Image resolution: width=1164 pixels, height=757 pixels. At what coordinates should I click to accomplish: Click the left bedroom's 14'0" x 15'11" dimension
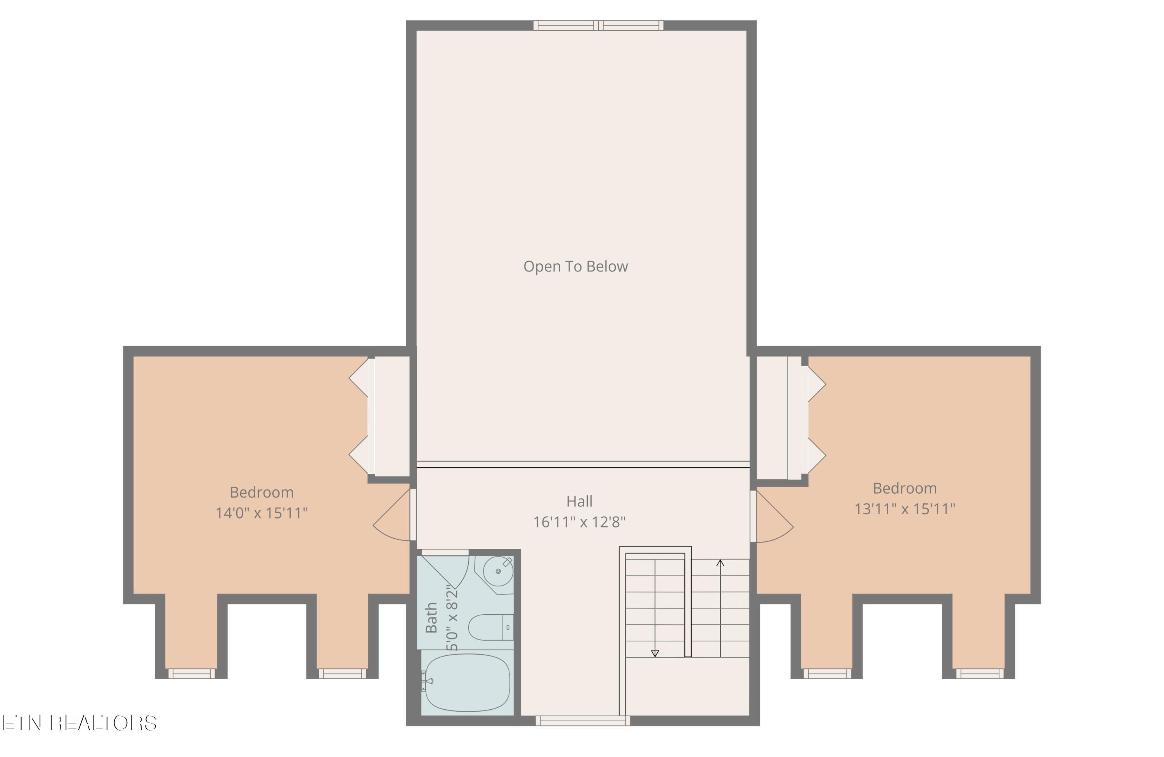[262, 513]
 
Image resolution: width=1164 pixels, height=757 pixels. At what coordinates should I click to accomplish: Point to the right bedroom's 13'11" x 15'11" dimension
[904, 509]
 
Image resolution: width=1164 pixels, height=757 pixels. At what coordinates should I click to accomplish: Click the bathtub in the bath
[468, 682]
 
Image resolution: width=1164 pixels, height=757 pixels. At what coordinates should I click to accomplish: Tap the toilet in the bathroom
[489, 627]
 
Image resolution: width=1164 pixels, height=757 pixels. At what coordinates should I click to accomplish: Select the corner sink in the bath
[497, 571]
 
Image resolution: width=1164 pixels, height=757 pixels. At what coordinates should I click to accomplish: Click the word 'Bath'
[431, 618]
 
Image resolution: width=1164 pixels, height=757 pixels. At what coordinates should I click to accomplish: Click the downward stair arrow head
[655, 653]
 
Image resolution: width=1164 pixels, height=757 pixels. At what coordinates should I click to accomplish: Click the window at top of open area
[598, 26]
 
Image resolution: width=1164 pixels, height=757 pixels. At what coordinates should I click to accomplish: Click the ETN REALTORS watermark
[79, 723]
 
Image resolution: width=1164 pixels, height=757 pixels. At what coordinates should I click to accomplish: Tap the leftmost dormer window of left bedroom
[191, 674]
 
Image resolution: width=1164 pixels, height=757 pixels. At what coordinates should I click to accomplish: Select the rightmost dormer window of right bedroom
[980, 674]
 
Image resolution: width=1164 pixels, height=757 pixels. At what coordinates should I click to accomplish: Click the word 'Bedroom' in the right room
[904, 488]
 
